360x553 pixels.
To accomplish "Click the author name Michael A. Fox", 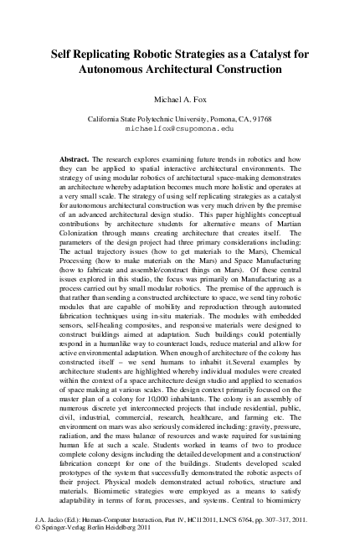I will (179, 98).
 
